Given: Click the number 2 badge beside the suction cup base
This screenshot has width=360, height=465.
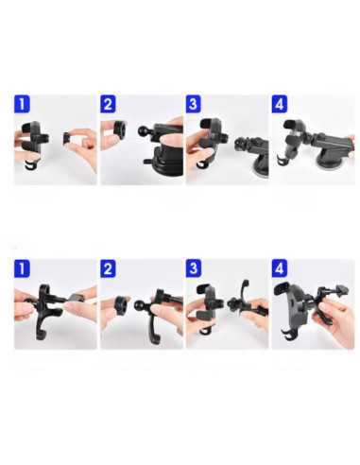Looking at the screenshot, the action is pos(108,104).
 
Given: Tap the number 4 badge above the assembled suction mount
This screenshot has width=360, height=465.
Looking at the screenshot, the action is pos(280,104).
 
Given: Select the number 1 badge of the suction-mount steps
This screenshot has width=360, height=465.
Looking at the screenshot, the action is pos(22,104).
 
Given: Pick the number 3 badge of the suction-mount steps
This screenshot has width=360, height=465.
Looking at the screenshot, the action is pos(194,104).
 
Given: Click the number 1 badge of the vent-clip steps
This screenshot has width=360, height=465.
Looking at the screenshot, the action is pos(22,268).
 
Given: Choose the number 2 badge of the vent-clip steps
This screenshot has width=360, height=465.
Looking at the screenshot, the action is pos(108,268).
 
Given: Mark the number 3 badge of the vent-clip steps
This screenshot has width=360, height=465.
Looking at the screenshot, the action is pos(194,268).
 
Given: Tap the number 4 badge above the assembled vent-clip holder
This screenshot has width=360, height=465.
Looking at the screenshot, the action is pos(280,268).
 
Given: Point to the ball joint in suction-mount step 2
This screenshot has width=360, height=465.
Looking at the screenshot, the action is pos(143,131).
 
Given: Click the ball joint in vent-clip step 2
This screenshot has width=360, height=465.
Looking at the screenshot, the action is pos(140,305).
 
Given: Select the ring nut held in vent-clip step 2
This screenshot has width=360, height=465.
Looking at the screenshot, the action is pos(121,304).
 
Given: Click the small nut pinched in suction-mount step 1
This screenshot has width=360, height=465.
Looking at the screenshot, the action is pos(67,137).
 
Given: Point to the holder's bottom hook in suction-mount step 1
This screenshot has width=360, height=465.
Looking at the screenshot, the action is pos(30,165).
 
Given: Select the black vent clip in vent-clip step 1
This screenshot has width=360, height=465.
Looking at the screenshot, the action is pos(47,309).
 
